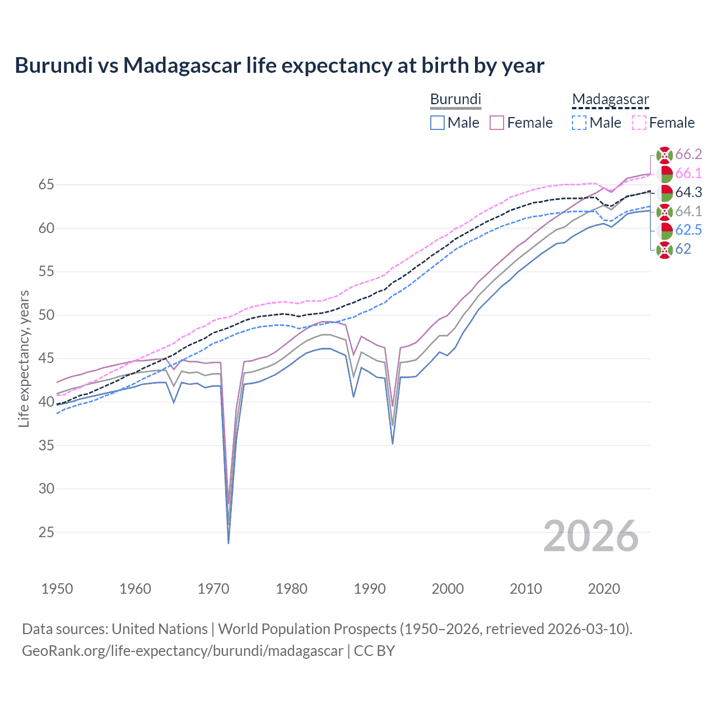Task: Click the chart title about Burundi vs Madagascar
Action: point(279,66)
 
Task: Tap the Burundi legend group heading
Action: point(455,99)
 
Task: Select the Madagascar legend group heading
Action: point(610,99)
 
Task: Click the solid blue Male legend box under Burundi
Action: point(437,123)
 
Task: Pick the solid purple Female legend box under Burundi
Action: point(497,123)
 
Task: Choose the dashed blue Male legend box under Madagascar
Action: point(579,123)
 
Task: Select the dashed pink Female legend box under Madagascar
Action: point(639,123)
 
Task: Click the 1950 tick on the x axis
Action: point(57,589)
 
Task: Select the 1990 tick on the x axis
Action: point(369,589)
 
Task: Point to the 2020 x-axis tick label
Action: point(603,589)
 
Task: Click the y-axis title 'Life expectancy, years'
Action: point(24,358)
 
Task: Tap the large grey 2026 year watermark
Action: point(590,536)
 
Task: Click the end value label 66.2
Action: point(688,155)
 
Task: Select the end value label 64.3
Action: point(688,193)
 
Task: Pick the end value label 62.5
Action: point(688,230)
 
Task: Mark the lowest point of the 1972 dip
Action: point(229,543)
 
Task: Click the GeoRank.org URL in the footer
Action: point(182,651)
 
